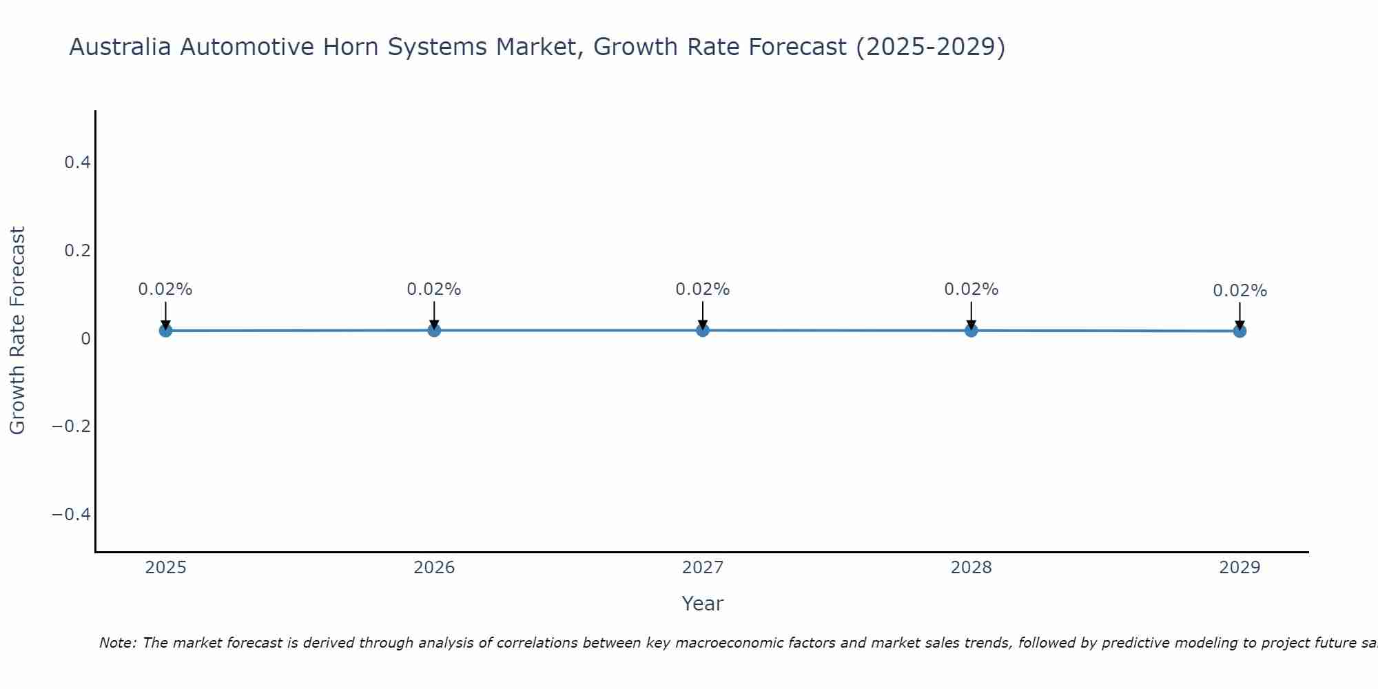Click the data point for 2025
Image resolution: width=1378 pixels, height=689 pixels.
165,331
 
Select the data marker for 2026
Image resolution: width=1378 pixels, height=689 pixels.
434,330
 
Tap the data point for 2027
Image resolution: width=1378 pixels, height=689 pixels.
703,330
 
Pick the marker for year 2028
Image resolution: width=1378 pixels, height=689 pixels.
971,330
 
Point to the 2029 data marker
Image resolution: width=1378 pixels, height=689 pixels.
1240,331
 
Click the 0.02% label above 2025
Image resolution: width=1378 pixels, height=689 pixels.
165,289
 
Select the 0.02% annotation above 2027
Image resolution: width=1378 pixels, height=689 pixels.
703,289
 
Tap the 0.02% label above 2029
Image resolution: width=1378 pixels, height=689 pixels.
1240,291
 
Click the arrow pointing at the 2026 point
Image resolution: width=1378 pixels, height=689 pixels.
434,315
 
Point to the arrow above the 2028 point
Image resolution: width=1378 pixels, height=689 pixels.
971,315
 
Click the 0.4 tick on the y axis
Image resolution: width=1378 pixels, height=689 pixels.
77,163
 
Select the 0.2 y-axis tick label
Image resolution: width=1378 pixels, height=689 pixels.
77,250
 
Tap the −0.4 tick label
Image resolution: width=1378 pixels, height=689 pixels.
72,515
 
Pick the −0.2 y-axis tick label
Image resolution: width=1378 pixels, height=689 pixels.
72,426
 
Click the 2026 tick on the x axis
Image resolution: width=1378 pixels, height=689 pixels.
434,568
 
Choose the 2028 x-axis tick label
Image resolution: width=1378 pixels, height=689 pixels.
971,568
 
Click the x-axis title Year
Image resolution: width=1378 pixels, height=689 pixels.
702,604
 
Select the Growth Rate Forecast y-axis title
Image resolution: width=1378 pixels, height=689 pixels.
17,330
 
